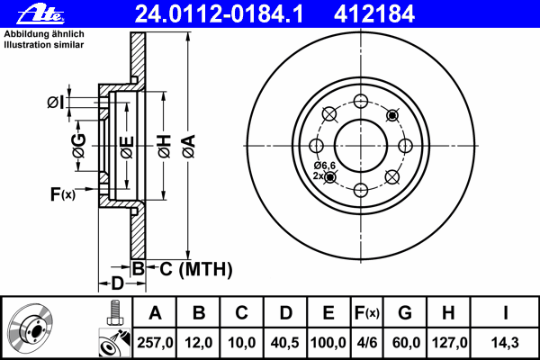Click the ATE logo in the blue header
40,14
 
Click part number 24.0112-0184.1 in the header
219,14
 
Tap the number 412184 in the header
374,14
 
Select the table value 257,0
155,343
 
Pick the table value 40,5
284,343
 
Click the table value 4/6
367,343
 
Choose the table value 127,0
449,343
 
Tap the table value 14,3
505,343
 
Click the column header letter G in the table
405,313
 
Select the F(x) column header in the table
367,313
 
